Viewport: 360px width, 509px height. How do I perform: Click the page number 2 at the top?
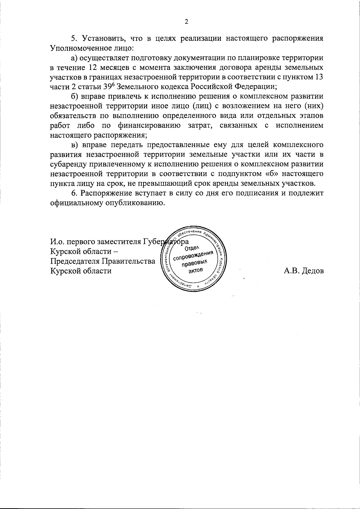[x=186, y=22]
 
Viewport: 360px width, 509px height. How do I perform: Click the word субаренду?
[x=68, y=164]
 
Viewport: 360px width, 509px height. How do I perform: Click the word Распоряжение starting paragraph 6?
[x=102, y=193]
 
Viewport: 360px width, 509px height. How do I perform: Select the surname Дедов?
[x=313, y=271]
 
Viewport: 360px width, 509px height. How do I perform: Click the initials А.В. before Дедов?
[x=292, y=271]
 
